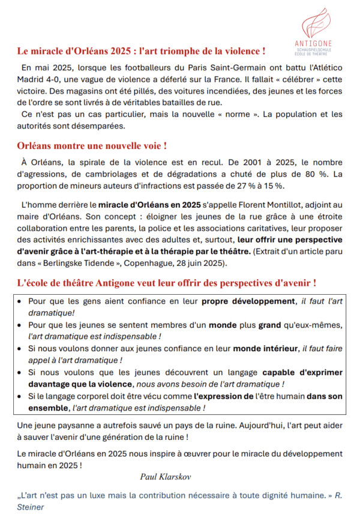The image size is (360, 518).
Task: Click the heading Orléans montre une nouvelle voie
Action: (x=92, y=146)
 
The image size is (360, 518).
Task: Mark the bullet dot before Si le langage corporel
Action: (x=22, y=396)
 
